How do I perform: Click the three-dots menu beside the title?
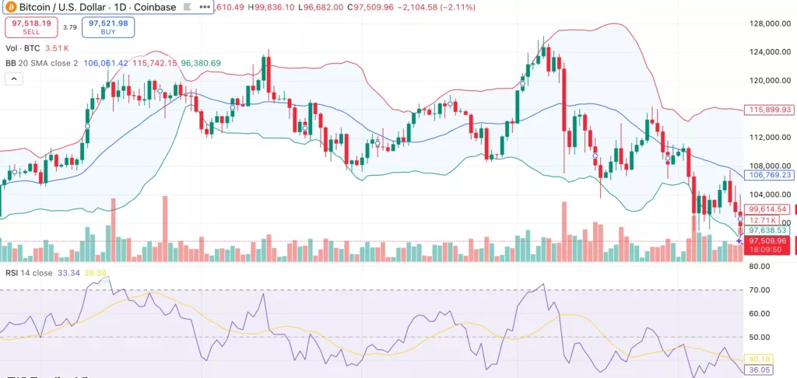[205, 6]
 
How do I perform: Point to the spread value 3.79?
[68, 28]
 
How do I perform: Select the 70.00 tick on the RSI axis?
[758, 290]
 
